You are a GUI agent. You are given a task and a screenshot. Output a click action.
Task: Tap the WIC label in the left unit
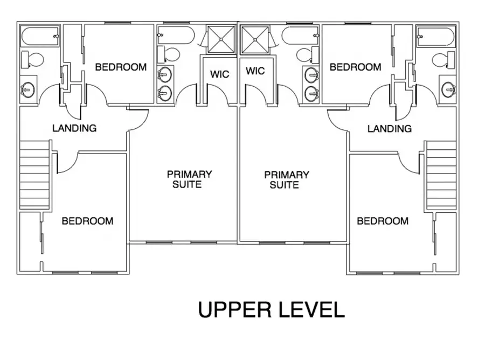pyautogui.click(x=219, y=74)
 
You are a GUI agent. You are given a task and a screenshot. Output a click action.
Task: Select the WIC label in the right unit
pyautogui.click(x=255, y=71)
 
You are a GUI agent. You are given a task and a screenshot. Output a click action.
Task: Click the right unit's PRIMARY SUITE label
pyautogui.click(x=286, y=179)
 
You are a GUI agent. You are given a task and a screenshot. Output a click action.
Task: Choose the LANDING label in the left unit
pyautogui.click(x=74, y=128)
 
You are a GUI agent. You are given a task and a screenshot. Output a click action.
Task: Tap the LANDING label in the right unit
pyautogui.click(x=389, y=129)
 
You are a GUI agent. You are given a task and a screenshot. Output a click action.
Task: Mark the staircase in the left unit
pyautogui.click(x=35, y=175)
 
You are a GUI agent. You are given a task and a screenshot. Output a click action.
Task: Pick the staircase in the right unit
pyautogui.click(x=441, y=175)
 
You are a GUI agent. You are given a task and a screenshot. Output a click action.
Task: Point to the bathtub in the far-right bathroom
pyautogui.click(x=436, y=37)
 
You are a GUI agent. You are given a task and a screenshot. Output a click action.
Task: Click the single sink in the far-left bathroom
pyautogui.click(x=27, y=89)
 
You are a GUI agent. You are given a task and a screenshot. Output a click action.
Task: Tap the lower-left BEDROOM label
pyautogui.click(x=87, y=221)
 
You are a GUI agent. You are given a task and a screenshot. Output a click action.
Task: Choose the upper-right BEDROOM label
pyautogui.click(x=355, y=67)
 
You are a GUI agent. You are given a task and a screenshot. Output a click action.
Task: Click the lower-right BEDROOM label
pyautogui.click(x=383, y=221)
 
